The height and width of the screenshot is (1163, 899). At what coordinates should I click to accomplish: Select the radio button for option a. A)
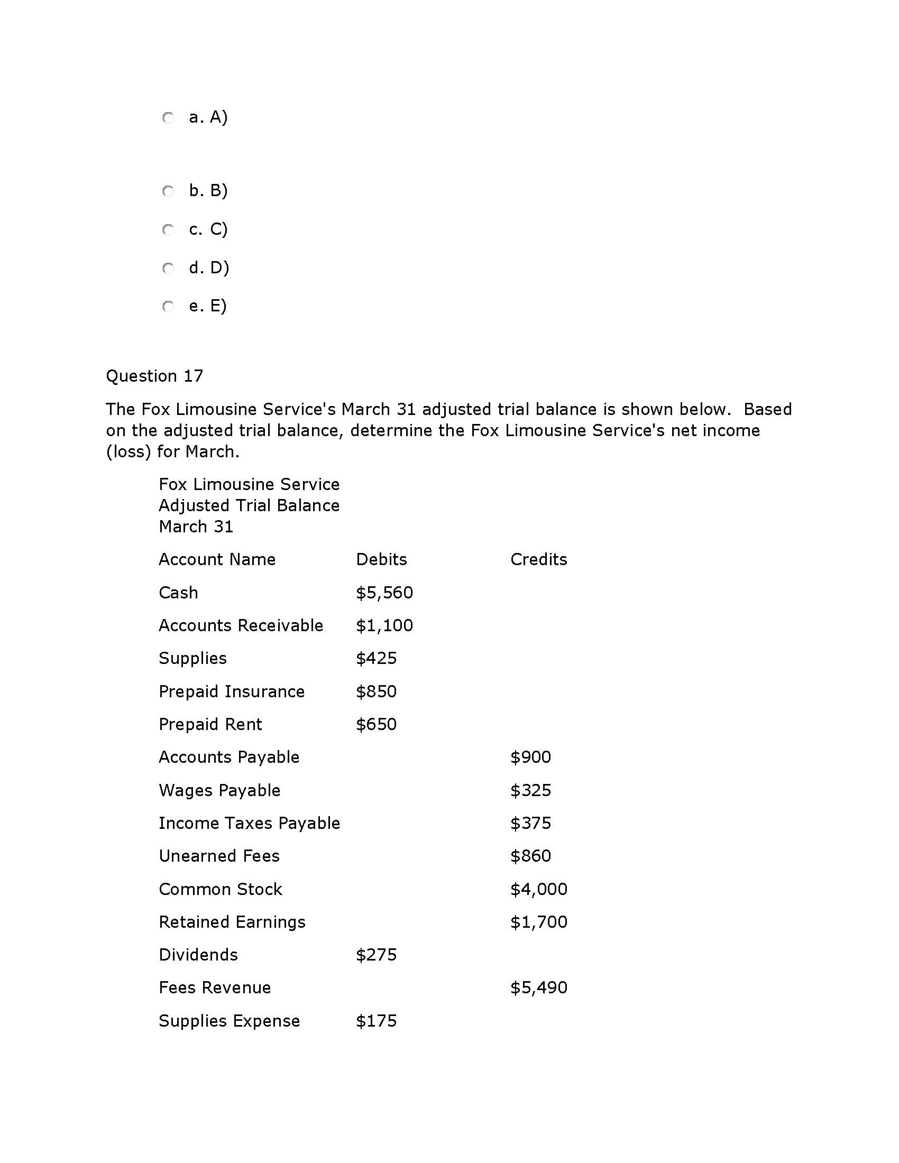click(x=168, y=117)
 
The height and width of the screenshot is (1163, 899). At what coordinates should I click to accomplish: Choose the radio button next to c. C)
click(x=168, y=229)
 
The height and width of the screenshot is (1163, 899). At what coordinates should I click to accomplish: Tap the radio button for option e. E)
click(x=168, y=306)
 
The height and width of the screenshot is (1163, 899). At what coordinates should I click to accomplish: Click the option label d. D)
click(x=209, y=267)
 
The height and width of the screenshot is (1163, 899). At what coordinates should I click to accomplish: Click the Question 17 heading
click(x=154, y=376)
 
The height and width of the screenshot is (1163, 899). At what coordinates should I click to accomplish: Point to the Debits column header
click(x=381, y=559)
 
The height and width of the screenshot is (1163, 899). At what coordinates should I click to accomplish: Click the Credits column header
click(x=538, y=559)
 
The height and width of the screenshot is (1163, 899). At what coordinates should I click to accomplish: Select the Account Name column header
click(x=217, y=559)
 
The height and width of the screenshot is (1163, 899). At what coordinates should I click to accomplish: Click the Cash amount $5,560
click(x=384, y=593)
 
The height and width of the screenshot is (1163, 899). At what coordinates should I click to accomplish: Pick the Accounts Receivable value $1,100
click(x=384, y=625)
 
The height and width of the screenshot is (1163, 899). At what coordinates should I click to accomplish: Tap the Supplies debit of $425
click(x=376, y=658)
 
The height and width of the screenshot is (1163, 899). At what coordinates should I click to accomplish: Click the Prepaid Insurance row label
click(x=232, y=691)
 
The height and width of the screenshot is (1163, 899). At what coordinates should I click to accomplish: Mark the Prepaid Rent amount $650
click(x=376, y=724)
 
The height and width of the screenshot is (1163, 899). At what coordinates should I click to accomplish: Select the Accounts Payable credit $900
click(x=530, y=756)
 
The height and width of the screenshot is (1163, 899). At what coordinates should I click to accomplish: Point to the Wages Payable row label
click(x=219, y=790)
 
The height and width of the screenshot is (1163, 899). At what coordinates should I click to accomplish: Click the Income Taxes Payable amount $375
click(x=530, y=823)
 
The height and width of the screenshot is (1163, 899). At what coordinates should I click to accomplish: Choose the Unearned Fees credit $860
click(x=530, y=856)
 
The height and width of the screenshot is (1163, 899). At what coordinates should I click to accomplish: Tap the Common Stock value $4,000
click(x=538, y=889)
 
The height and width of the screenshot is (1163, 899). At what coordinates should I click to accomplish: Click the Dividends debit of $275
click(x=376, y=955)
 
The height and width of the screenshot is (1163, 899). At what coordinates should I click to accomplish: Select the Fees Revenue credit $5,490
click(x=538, y=988)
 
